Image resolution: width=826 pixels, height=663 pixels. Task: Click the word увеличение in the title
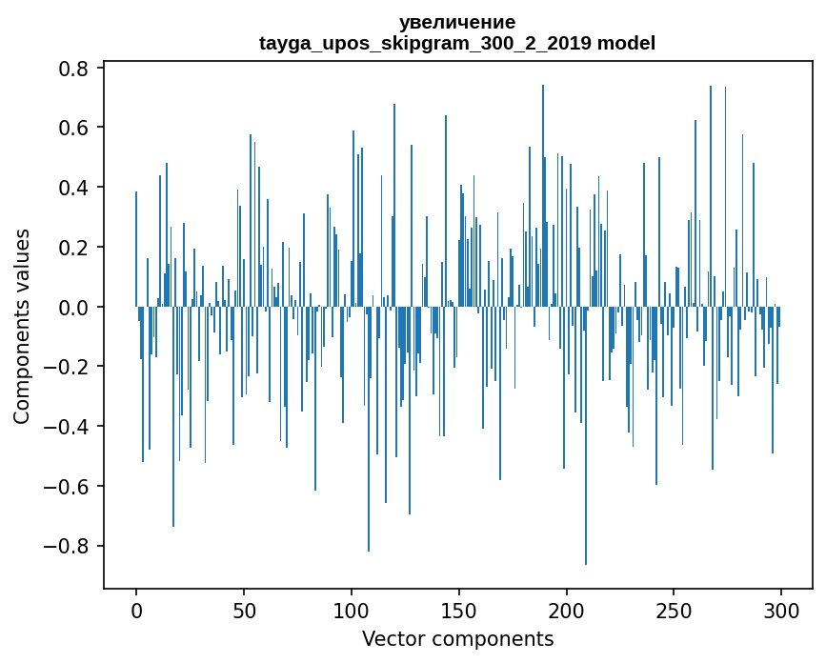pyautogui.click(x=457, y=23)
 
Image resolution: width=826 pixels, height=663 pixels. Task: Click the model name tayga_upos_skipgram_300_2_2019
pyautogui.click(x=425, y=43)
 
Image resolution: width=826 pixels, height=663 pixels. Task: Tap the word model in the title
pyautogui.click(x=626, y=43)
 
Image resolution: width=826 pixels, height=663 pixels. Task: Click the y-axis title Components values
pyautogui.click(x=22, y=327)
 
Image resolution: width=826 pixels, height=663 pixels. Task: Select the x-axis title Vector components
pyautogui.click(x=457, y=639)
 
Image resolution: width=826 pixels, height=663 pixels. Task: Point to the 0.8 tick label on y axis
pyautogui.click(x=73, y=69)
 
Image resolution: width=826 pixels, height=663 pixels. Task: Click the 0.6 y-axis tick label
pyautogui.click(x=73, y=128)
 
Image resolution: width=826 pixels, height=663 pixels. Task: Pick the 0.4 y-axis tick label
pyautogui.click(x=73, y=188)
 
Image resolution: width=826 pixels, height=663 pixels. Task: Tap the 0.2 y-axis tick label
pyautogui.click(x=73, y=247)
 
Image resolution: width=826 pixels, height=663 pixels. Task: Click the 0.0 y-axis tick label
pyautogui.click(x=73, y=307)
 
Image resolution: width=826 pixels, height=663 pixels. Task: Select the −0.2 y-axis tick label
pyautogui.click(x=66, y=367)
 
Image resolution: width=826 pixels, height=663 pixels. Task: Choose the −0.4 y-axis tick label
pyautogui.click(x=66, y=426)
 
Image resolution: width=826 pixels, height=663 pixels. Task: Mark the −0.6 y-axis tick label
pyautogui.click(x=66, y=486)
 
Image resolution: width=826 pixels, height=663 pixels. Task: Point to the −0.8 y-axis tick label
pyautogui.click(x=66, y=546)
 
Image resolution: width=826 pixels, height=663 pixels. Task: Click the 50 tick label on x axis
pyautogui.click(x=244, y=611)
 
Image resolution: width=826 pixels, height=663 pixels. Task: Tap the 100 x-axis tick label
pyautogui.click(x=352, y=611)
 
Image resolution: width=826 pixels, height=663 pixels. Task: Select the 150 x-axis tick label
pyautogui.click(x=459, y=611)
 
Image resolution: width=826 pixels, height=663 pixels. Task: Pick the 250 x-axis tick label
pyautogui.click(x=674, y=611)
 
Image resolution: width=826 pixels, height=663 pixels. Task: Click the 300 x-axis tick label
pyautogui.click(x=781, y=611)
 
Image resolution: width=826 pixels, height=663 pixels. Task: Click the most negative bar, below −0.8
pyautogui.click(x=586, y=435)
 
